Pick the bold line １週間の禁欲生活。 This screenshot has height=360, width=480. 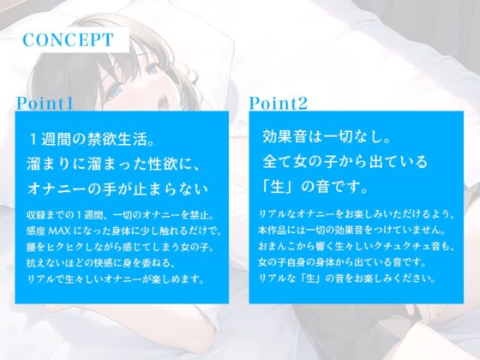click(96, 138)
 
